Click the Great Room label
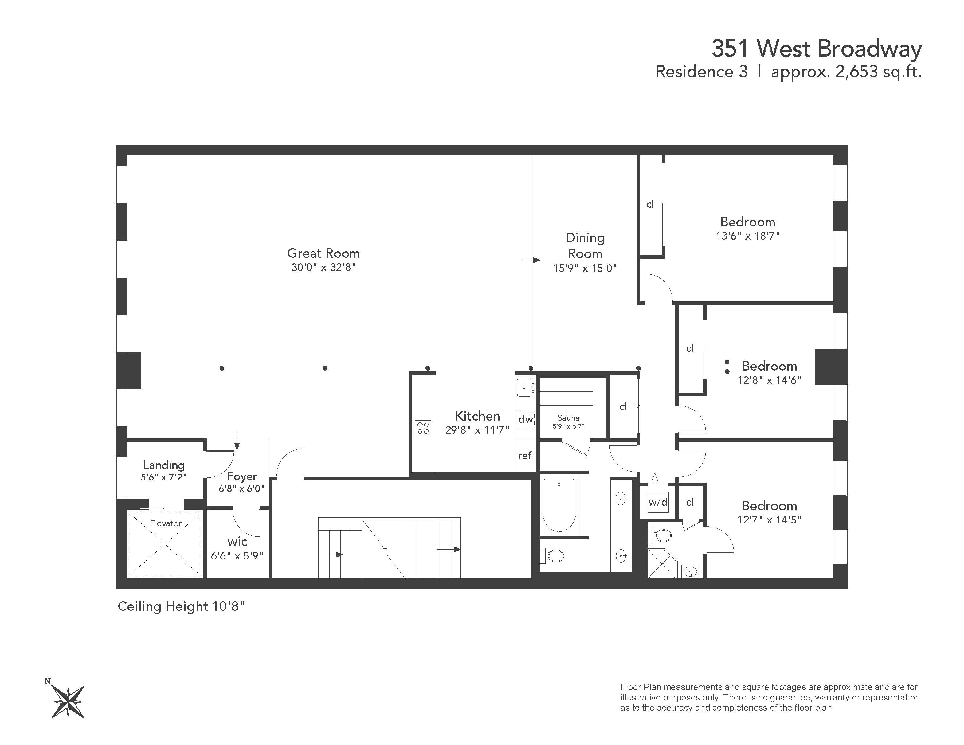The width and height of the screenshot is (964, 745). pyautogui.click(x=323, y=253)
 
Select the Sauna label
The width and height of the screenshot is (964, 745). pyautogui.click(x=568, y=418)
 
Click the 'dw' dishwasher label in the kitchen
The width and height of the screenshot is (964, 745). pyautogui.click(x=525, y=419)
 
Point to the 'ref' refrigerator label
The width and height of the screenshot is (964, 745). pyautogui.click(x=525, y=456)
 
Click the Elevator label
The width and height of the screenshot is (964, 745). pyautogui.click(x=166, y=523)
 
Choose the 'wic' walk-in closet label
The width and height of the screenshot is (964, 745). pyautogui.click(x=237, y=542)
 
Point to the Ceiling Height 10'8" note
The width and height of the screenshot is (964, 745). pyautogui.click(x=181, y=606)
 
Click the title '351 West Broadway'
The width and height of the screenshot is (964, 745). pyautogui.click(x=816, y=49)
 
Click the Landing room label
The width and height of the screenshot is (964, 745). pyautogui.click(x=164, y=465)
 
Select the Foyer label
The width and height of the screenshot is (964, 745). pyautogui.click(x=241, y=476)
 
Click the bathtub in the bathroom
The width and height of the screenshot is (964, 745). pyautogui.click(x=559, y=505)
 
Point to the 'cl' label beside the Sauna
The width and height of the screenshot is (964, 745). pyautogui.click(x=623, y=406)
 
